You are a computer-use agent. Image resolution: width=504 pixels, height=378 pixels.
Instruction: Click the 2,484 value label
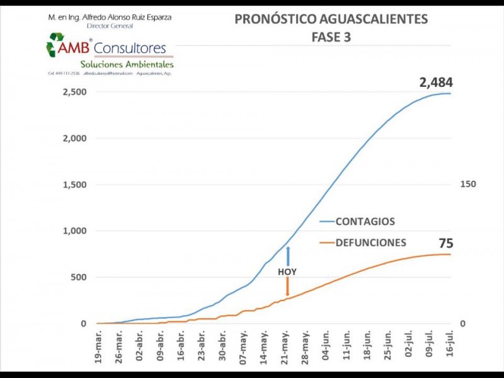coord(436,82)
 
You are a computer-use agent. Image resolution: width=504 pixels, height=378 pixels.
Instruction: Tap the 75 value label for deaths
coord(446,243)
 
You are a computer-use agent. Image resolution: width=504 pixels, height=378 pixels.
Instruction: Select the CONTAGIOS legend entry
coord(365,222)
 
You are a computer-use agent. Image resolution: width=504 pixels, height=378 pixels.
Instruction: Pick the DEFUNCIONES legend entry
coord(370,243)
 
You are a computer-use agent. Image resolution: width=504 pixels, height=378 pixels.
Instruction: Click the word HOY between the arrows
coord(287,272)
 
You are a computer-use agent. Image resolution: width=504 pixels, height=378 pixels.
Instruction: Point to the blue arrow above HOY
coord(287,256)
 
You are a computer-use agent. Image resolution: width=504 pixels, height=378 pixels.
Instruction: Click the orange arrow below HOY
coord(287,287)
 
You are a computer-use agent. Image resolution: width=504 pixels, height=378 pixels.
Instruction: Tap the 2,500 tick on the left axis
coord(74,92)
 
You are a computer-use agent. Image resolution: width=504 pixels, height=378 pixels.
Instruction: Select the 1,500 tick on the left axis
coord(74,185)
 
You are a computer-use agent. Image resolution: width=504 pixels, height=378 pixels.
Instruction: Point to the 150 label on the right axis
coord(468,185)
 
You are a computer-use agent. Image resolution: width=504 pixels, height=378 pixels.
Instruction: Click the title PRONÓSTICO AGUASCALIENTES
coord(331,19)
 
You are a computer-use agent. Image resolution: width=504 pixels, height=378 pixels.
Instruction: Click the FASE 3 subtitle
coord(331,37)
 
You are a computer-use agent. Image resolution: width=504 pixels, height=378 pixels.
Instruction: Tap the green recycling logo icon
coord(55,45)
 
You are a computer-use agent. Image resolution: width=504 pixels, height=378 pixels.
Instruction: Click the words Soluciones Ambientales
coord(127,64)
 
